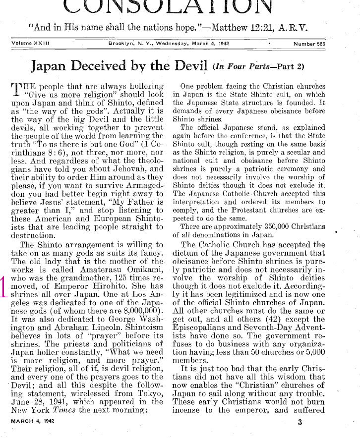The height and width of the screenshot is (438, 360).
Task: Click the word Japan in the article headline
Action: pos(49,66)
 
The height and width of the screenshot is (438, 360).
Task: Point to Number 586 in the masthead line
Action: pos(312,44)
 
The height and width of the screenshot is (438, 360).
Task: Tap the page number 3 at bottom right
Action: pos(300,422)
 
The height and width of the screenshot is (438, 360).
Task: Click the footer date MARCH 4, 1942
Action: pos(33,421)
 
